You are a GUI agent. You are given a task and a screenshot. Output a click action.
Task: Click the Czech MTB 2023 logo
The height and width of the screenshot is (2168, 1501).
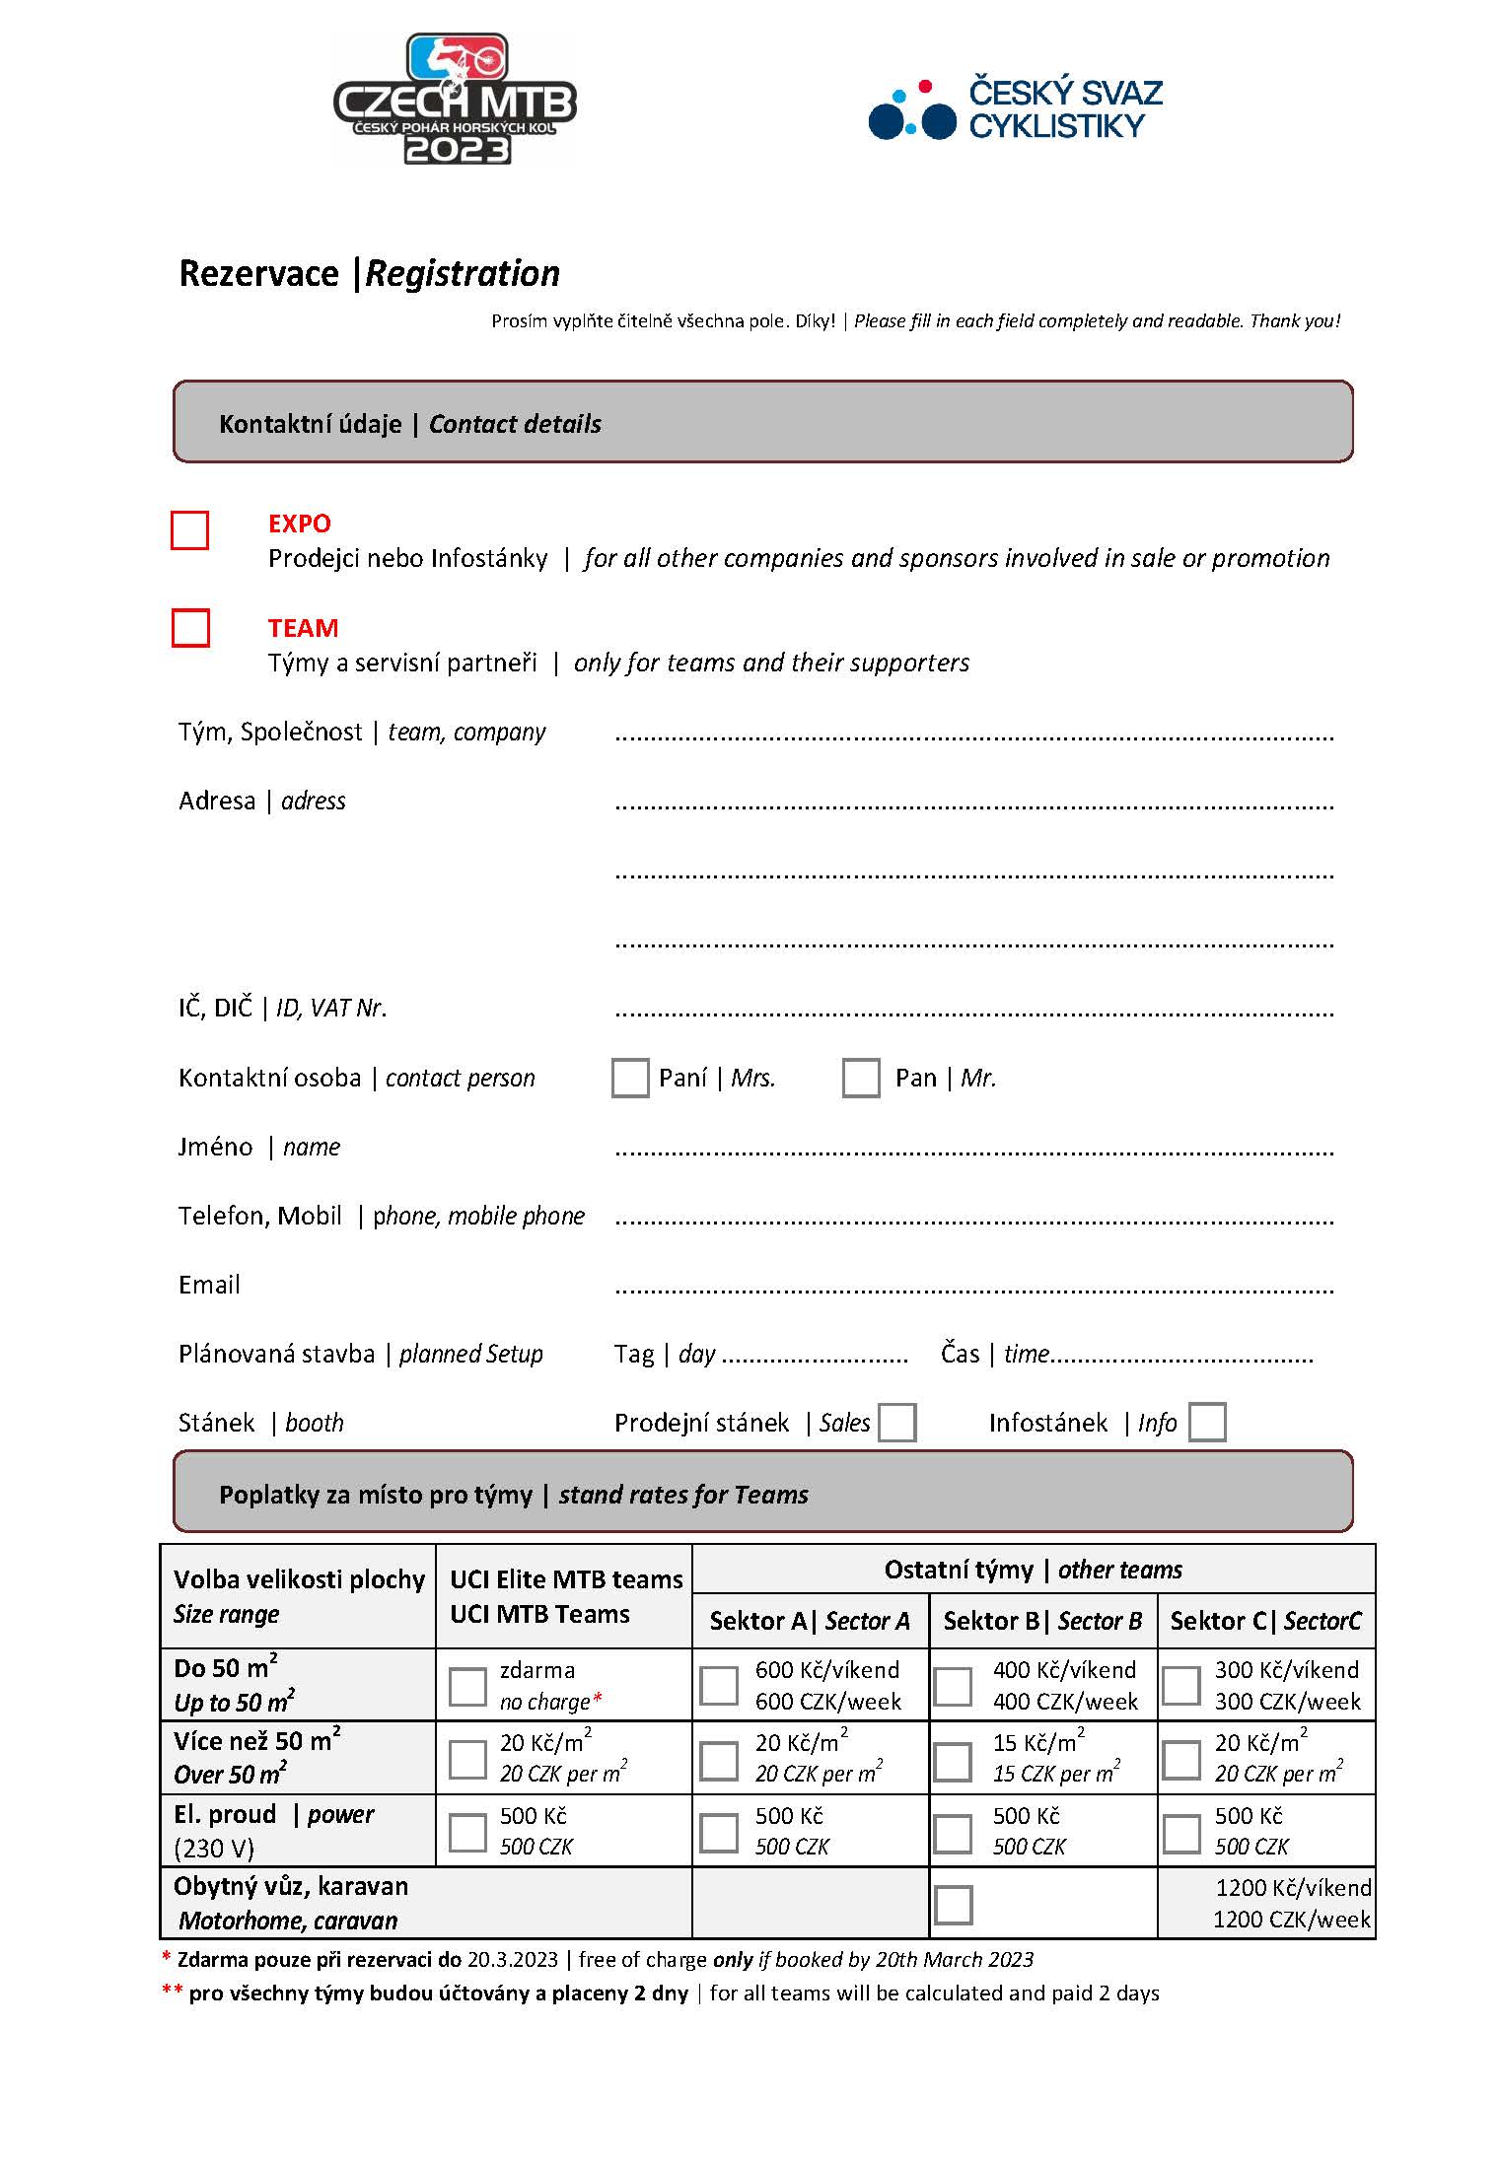tap(455, 100)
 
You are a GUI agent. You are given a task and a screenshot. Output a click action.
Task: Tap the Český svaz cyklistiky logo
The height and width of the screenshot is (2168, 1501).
tap(1015, 109)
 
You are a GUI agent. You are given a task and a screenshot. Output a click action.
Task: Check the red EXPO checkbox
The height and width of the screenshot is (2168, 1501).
tap(190, 529)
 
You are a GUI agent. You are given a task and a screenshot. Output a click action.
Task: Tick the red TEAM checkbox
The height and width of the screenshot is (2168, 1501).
tap(190, 628)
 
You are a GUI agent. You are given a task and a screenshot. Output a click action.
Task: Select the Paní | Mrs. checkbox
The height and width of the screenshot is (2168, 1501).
tap(630, 1078)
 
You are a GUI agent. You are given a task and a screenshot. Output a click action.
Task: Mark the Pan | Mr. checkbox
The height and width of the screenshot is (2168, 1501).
tap(861, 1078)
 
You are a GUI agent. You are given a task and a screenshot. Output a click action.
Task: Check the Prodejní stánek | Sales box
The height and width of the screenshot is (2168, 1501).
tap(896, 1423)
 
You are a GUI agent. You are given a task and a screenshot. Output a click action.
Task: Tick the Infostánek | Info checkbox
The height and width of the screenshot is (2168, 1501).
tap(1207, 1423)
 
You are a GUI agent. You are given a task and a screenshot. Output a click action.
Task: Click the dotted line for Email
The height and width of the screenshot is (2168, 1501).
tap(973, 1288)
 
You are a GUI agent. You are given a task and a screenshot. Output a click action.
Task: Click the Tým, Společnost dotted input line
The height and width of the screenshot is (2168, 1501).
tap(973, 735)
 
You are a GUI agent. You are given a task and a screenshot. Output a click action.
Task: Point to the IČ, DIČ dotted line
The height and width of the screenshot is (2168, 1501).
tap(973, 1012)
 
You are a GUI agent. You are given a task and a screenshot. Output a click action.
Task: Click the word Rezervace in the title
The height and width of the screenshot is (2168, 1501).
tap(258, 273)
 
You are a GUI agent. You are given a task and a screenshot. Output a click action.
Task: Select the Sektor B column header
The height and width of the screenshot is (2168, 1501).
tap(1042, 1622)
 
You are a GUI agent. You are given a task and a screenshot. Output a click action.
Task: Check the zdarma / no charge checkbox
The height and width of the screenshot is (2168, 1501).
tap(467, 1687)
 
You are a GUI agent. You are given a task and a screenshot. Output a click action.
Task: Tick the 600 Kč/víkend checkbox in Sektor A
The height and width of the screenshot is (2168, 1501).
tap(719, 1686)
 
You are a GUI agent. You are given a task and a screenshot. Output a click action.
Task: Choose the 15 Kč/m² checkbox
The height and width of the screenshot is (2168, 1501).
tap(953, 1760)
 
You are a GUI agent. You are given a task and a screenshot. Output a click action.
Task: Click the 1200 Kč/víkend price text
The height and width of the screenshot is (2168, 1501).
tap(1292, 1888)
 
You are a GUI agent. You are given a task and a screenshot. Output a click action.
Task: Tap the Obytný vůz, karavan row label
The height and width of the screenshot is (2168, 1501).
tap(291, 1886)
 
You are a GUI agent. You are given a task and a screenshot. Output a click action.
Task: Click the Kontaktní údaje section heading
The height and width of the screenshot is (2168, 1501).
tap(310, 424)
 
